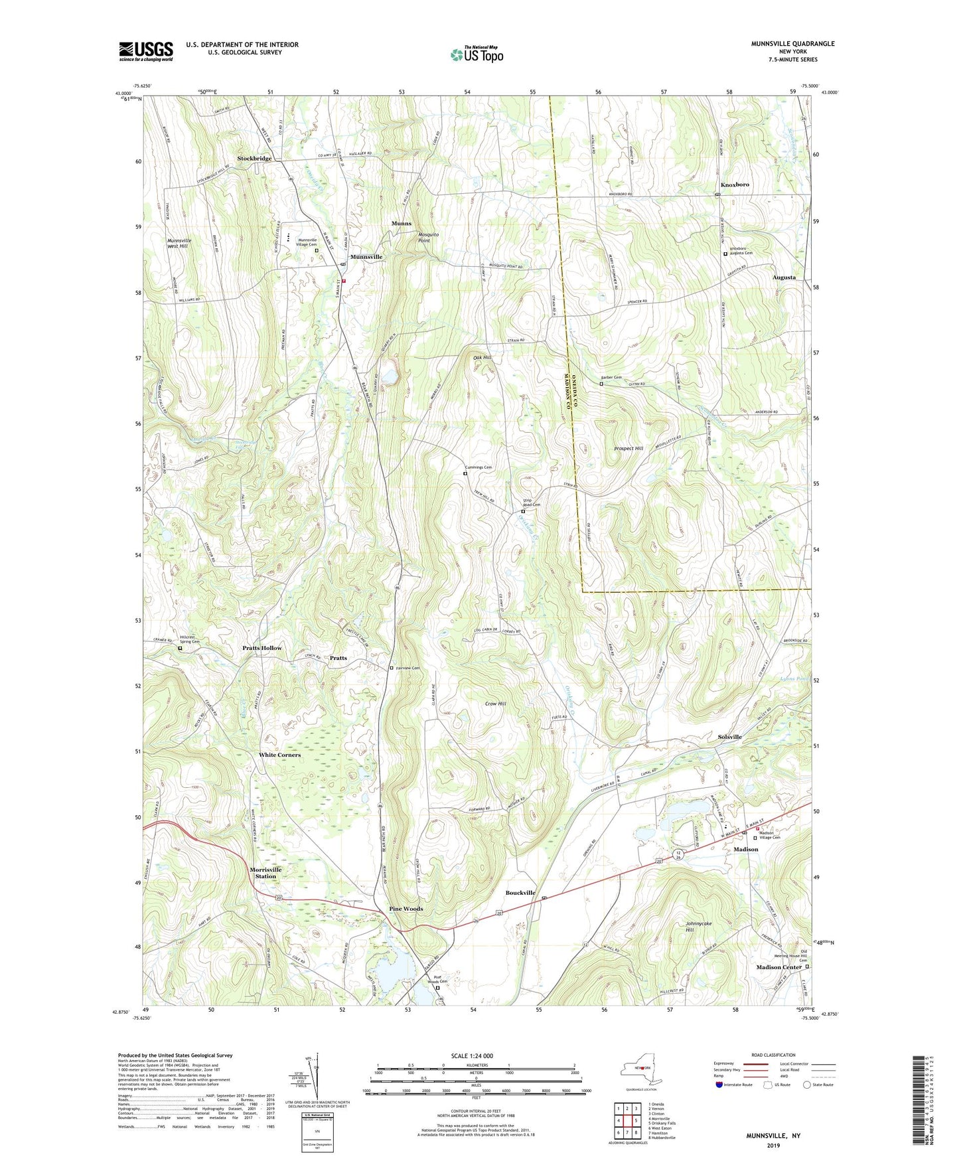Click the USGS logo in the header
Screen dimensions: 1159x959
coord(146,50)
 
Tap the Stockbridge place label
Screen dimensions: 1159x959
coord(254,159)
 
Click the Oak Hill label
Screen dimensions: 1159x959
coord(482,358)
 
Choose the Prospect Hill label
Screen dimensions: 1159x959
coord(628,449)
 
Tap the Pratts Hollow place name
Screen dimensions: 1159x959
coord(261,648)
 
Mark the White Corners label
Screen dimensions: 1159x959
coord(279,755)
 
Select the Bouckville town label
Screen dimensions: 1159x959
coord(520,893)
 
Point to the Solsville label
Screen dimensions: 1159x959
coord(729,737)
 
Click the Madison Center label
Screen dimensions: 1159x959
coord(778,967)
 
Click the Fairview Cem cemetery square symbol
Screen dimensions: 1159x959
coord(392,668)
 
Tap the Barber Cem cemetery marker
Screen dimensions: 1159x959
coord(601,384)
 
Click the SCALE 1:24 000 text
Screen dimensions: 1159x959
coord(471,1056)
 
